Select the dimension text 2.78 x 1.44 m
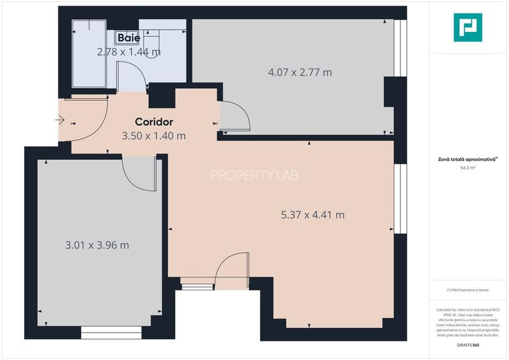point(129,52)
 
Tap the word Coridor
point(153,121)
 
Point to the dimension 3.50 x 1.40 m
point(153,136)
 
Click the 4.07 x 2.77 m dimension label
point(299,72)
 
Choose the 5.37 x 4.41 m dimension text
point(312,215)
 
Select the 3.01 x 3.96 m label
point(97,245)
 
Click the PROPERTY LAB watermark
point(254,175)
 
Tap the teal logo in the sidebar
point(467,27)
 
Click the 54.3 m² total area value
point(468,168)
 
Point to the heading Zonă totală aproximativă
point(467,160)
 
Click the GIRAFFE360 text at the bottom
point(468,345)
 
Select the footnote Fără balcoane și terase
point(468,290)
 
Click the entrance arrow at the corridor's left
point(61,119)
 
